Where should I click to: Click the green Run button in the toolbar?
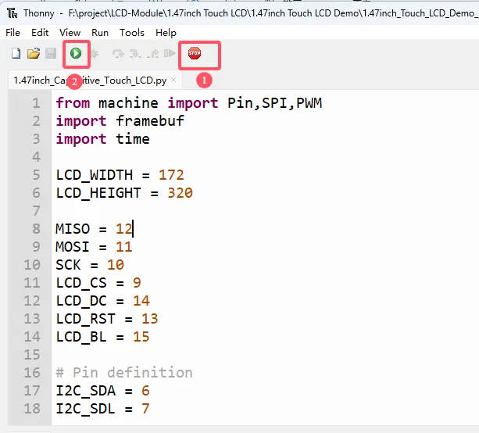click(76, 53)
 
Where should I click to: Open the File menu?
click(13, 32)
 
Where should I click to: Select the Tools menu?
click(131, 32)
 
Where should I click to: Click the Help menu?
click(166, 32)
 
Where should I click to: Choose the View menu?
click(70, 32)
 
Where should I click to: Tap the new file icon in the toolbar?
click(16, 53)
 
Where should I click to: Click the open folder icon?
click(34, 53)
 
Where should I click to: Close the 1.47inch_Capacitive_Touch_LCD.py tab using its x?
click(173, 80)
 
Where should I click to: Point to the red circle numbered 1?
click(204, 81)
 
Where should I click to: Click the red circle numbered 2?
click(74, 81)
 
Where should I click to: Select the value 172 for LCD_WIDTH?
click(171, 175)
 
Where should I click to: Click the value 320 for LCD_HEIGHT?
click(180, 193)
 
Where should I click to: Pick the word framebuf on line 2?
click(150, 121)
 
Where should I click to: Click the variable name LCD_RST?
click(85, 319)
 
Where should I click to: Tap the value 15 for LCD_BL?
click(141, 337)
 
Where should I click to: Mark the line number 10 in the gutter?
click(32, 265)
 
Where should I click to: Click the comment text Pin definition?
click(133, 373)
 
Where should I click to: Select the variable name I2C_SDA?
click(85, 391)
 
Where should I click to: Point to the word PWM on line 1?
click(309, 103)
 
